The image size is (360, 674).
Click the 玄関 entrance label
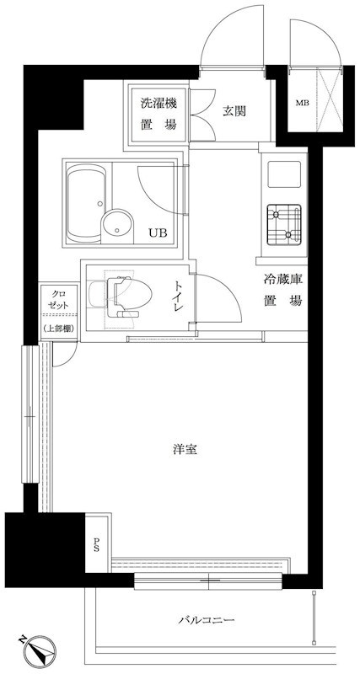(234, 110)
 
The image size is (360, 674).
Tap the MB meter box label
(302, 104)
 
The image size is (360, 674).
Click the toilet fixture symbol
(126, 294)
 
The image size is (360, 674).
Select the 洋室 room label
(185, 449)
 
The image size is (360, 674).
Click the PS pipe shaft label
(97, 544)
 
